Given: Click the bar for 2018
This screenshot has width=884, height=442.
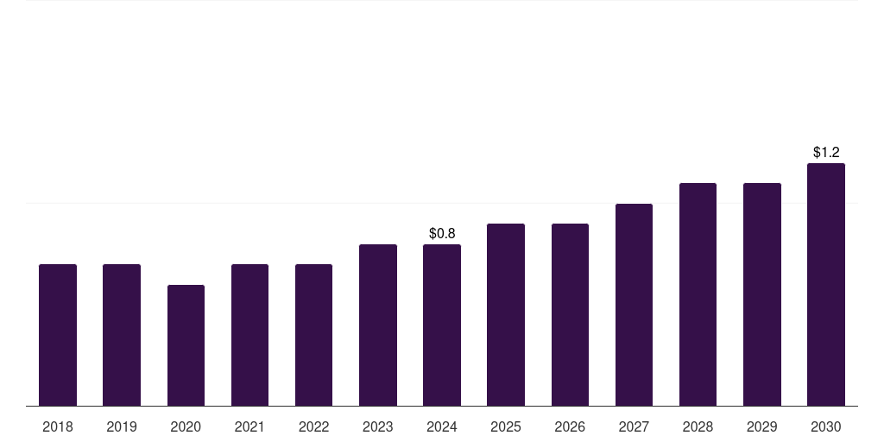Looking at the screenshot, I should tap(58, 335).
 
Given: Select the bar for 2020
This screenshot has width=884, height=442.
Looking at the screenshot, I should tap(186, 345).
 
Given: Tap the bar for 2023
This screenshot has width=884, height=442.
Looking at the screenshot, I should tap(378, 325).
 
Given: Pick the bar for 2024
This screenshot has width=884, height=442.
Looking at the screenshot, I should tap(442, 325).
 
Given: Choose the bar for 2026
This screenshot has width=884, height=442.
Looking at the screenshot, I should tap(570, 314).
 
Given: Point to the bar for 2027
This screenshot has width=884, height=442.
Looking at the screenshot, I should tap(634, 305).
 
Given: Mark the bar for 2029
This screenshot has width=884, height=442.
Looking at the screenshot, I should tap(762, 294).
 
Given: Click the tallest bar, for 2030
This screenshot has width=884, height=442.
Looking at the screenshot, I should tap(826, 284).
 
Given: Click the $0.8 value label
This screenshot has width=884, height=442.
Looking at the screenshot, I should tap(442, 234).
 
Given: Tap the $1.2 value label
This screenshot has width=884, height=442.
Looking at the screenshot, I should tap(826, 153).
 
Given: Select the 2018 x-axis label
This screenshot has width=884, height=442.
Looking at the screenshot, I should tap(58, 426).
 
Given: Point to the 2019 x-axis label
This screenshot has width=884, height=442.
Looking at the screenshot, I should tap(122, 426).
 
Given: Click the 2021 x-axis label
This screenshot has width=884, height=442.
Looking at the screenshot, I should tap(249, 426).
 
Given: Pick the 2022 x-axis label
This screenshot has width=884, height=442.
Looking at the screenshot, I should tap(314, 426).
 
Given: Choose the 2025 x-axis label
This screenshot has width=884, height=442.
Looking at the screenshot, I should tap(506, 426).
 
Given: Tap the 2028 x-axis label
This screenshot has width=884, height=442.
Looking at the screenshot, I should tap(698, 426).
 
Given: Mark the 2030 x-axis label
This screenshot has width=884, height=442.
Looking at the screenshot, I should tap(826, 426).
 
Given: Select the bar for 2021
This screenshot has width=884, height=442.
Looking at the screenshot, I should tap(249, 335).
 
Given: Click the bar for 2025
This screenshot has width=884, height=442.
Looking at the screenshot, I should tap(506, 314).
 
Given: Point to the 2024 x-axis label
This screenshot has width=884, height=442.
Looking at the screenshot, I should tap(442, 426).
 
